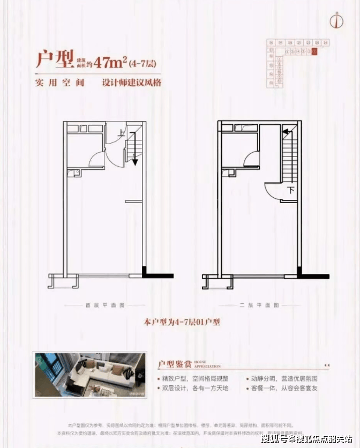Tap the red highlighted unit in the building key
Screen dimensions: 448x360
pyautogui.click(x=314, y=51)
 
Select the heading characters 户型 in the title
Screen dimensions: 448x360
pyautogui.click(x=55, y=59)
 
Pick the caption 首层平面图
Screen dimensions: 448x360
pyautogui.click(x=105, y=305)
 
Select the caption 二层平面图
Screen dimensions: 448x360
pyautogui.click(x=259, y=305)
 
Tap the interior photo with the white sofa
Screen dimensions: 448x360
pyautogui.click(x=88, y=375)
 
